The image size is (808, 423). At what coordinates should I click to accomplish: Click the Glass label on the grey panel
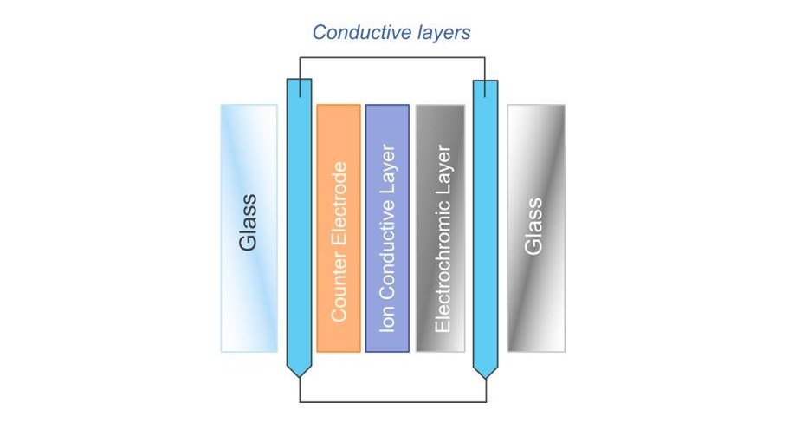tap(535, 226)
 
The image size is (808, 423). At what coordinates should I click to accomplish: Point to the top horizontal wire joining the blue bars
tap(391, 58)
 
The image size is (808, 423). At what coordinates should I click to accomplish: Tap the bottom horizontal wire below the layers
tap(391, 402)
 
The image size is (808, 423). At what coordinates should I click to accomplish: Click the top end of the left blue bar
tap(299, 81)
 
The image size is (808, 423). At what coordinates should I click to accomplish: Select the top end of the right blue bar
tap(485, 81)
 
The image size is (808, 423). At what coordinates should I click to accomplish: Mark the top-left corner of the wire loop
tap(300, 58)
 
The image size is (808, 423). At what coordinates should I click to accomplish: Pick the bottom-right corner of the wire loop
tap(485, 402)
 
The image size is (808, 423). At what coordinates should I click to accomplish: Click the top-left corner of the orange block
tap(318, 106)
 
